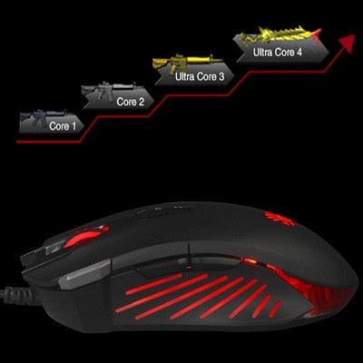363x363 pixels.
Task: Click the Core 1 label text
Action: point(63,126)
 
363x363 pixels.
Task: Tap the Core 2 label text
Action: point(131,102)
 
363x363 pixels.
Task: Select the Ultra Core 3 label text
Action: point(200,76)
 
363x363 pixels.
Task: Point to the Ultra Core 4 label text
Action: point(278,52)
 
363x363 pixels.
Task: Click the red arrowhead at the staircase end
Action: point(348,43)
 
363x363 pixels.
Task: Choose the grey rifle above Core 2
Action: point(111,90)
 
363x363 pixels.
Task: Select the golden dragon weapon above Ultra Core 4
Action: point(280,35)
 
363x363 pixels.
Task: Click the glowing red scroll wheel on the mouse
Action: point(83,238)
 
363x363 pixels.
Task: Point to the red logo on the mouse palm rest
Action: point(280,219)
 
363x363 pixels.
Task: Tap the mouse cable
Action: point(15,293)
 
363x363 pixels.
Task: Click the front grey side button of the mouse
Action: point(84,274)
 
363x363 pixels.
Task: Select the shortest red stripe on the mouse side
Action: point(275,309)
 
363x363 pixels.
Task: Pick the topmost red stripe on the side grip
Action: point(153,284)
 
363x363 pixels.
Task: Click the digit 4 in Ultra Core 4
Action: point(299,52)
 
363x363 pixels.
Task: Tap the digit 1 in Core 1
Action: point(74,126)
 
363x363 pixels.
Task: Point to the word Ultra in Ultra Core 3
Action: point(186,76)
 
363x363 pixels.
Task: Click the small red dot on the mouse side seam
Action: point(189,267)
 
